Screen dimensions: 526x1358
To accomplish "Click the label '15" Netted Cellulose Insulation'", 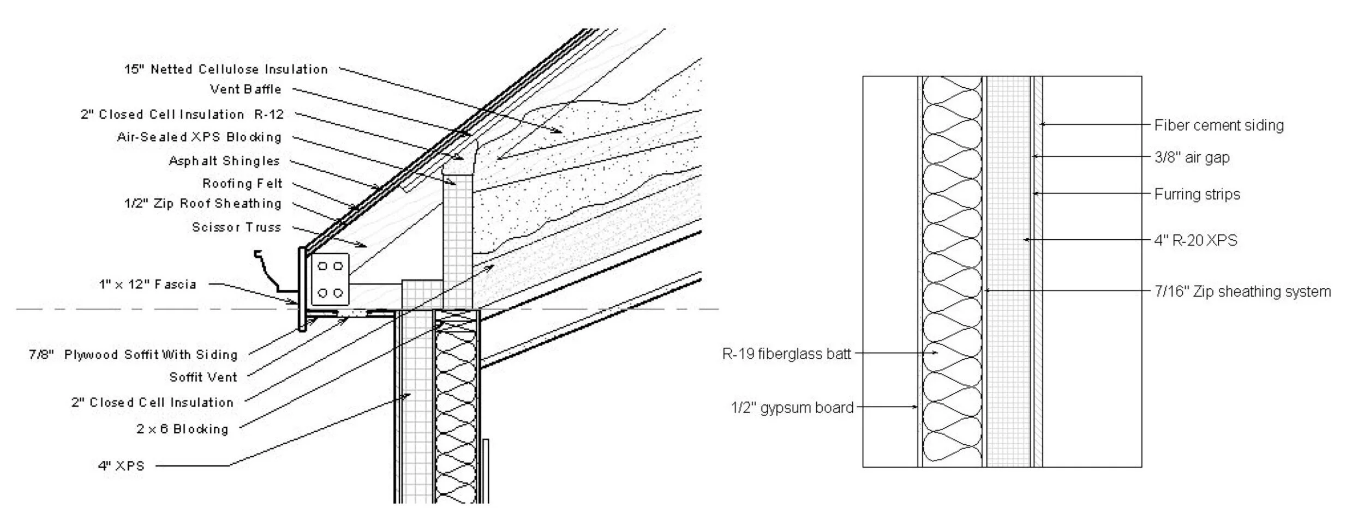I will [x=226, y=69].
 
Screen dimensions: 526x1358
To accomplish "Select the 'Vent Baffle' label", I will [x=246, y=89].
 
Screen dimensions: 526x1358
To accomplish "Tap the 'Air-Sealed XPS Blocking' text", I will [x=199, y=137].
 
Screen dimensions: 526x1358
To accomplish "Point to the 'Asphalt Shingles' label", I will [x=224, y=161].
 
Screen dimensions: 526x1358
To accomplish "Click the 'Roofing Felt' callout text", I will [x=242, y=183].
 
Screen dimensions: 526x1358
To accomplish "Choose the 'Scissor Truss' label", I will [x=236, y=227].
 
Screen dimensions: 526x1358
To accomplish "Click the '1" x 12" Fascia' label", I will [x=147, y=284].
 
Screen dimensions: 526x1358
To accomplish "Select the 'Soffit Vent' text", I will [x=203, y=377].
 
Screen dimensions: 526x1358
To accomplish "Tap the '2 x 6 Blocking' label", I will [x=182, y=429].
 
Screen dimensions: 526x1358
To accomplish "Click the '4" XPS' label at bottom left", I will [x=121, y=466].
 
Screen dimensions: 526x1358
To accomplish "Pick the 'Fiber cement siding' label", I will [x=1218, y=125].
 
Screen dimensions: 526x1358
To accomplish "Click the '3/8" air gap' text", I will [x=1192, y=158].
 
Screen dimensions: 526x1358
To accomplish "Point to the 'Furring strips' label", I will [x=1197, y=194].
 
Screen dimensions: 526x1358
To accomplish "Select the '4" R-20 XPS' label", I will [x=1195, y=240].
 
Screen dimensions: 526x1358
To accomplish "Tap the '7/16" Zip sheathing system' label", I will [x=1242, y=292].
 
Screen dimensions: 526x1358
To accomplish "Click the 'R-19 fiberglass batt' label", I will [x=786, y=354].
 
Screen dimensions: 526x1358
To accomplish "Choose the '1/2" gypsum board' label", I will [x=792, y=407].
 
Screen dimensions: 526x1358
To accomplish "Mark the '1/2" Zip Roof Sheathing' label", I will [x=202, y=203].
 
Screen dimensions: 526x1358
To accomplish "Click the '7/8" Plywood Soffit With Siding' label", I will [x=133, y=355].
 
